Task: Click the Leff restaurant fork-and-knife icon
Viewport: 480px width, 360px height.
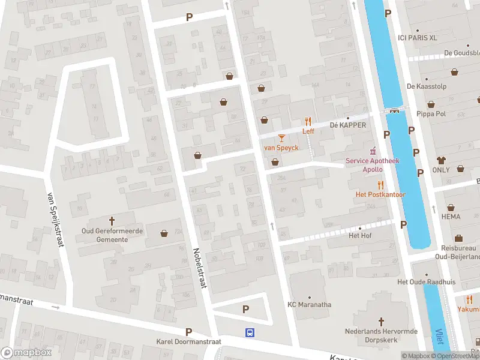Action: click(308, 121)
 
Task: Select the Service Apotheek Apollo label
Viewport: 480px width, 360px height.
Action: click(372, 165)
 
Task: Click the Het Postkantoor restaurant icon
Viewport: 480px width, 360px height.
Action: click(380, 185)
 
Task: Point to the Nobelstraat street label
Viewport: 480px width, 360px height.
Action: click(200, 268)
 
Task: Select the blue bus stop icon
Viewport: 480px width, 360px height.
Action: click(249, 332)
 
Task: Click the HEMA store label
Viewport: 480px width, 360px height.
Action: click(451, 216)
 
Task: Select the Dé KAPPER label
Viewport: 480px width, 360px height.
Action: click(347, 125)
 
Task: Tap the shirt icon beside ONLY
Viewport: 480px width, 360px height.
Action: click(442, 160)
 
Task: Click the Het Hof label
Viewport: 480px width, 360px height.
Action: click(360, 235)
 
